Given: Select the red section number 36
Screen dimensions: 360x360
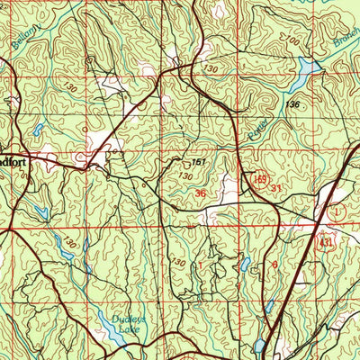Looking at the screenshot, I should click(x=200, y=193).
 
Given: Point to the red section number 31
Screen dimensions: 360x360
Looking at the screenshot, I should click(x=277, y=188).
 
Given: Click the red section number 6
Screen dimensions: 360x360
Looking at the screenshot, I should click(x=274, y=265).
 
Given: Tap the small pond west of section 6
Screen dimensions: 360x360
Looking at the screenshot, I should click(x=244, y=265).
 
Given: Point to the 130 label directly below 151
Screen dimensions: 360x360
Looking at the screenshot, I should click(x=184, y=177).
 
